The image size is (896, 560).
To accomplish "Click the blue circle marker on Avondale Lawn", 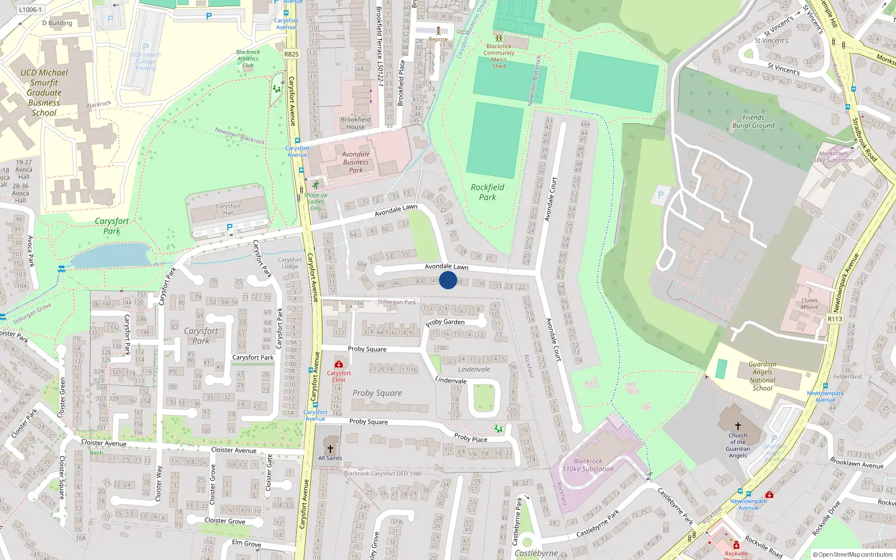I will pyautogui.click(x=448, y=280).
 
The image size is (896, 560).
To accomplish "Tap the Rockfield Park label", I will pyautogui.click(x=487, y=192).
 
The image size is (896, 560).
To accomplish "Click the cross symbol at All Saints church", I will pyautogui.click(x=330, y=449).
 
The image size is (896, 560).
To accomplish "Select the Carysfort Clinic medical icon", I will pyautogui.click(x=338, y=365).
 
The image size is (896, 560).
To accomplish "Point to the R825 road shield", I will pyautogui.click(x=291, y=54).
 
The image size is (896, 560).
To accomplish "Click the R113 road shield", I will pyautogui.click(x=835, y=319).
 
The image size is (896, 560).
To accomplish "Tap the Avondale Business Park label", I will pyautogui.click(x=356, y=162).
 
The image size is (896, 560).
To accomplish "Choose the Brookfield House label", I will pyautogui.click(x=355, y=123).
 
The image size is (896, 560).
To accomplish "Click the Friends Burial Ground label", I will pyautogui.click(x=753, y=122).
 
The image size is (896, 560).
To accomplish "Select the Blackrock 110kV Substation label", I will pyautogui.click(x=588, y=465).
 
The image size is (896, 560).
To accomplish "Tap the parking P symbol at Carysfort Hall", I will pyautogui.click(x=230, y=227).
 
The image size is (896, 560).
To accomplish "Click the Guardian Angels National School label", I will pyautogui.click(x=762, y=376).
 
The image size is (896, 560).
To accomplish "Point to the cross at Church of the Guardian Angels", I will pyautogui.click(x=738, y=426).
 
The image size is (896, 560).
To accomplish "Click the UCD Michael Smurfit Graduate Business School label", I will pyautogui.click(x=44, y=92).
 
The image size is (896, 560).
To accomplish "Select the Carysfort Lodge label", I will pyautogui.click(x=290, y=263).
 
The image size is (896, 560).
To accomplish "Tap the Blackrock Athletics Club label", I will pyautogui.click(x=248, y=59).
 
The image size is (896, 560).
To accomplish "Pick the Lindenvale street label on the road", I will pyautogui.click(x=451, y=380).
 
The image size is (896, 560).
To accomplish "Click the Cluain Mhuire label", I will pyautogui.click(x=809, y=304).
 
